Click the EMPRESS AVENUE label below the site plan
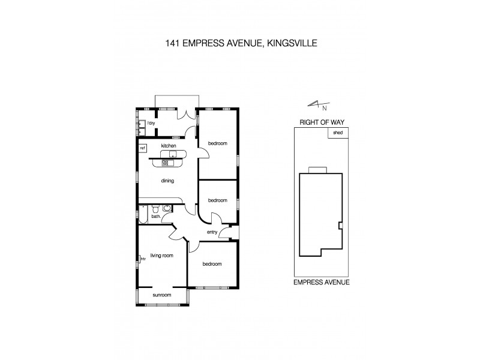[x=321, y=281]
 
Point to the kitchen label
[x=168, y=146]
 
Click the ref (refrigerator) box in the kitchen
[x=143, y=148]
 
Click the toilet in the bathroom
[x=155, y=209]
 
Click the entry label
[x=211, y=232]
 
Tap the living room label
[x=162, y=256]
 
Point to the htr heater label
[x=143, y=259]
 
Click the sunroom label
[x=161, y=295]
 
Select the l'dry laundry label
[x=151, y=123]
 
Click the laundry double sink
[x=141, y=126]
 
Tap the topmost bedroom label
[x=217, y=143]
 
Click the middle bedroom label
[x=217, y=200]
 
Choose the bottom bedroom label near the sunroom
[x=212, y=264]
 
